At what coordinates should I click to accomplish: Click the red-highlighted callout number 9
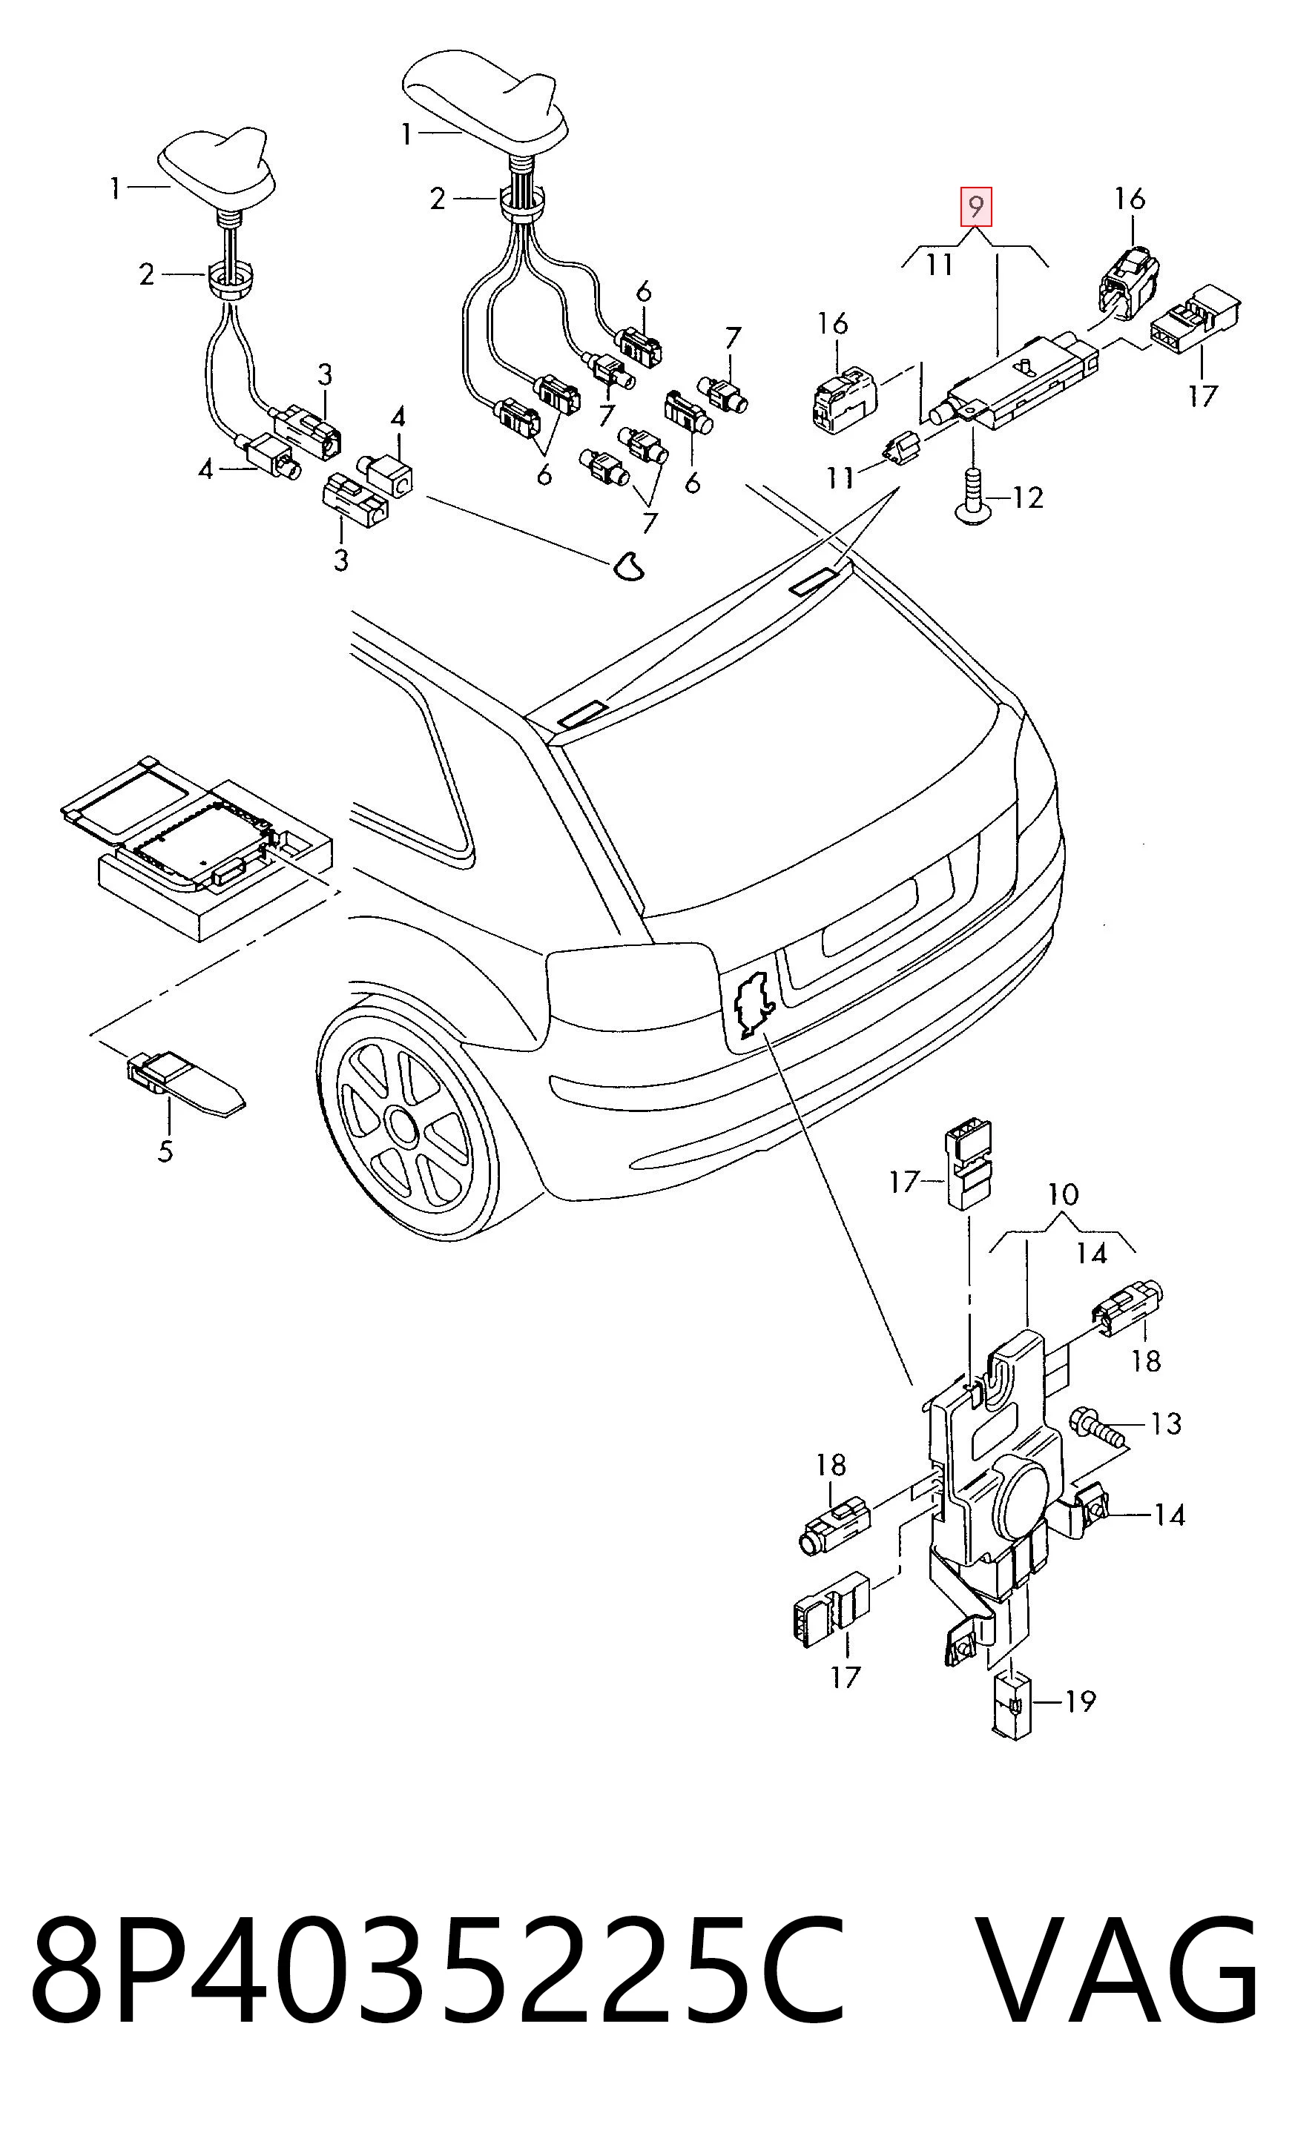tap(976, 207)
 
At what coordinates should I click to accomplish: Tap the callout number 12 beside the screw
tap(1027, 497)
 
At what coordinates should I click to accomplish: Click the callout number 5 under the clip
tap(165, 1151)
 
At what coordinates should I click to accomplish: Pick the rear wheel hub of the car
tap(403, 1126)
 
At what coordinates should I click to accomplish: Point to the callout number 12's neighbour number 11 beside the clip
tap(840, 477)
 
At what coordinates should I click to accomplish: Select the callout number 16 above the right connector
tap(1130, 199)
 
